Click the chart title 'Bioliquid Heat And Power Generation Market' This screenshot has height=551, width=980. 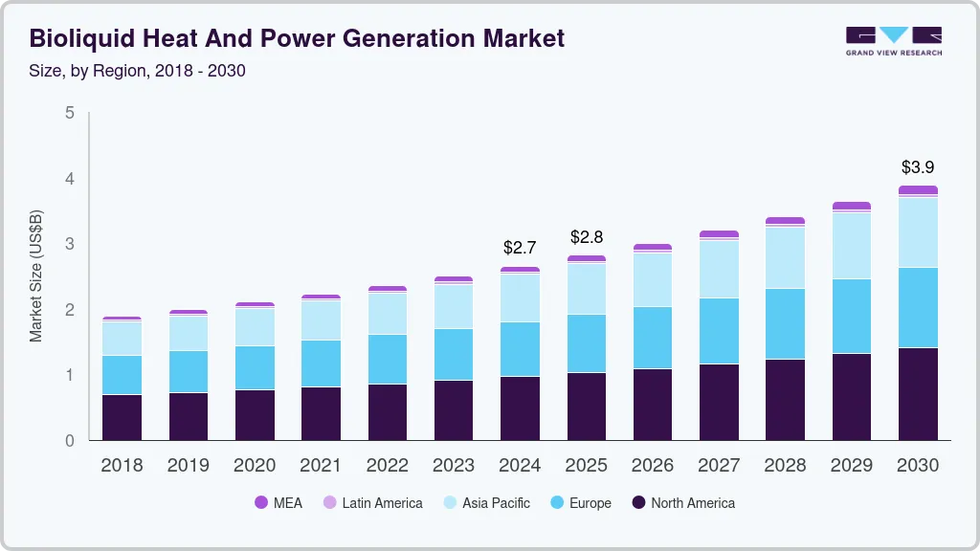[x=298, y=38]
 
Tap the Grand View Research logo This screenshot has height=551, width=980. [x=893, y=41]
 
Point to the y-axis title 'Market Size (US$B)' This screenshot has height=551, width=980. [x=36, y=276]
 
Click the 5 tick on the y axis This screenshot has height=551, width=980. [x=69, y=113]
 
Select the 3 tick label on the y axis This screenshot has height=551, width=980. [x=69, y=244]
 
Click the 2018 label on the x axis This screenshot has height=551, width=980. [x=122, y=466]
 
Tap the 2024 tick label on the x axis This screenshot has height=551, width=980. [x=520, y=466]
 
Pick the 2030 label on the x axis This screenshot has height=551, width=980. [x=918, y=466]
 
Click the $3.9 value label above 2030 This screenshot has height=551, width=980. [x=918, y=166]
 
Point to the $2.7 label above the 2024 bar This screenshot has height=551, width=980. [x=520, y=248]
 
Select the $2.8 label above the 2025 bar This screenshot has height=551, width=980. [x=587, y=236]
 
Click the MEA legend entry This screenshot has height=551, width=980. [x=278, y=503]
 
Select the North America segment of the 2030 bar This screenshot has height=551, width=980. [x=918, y=394]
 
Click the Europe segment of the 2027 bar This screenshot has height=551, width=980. [x=719, y=331]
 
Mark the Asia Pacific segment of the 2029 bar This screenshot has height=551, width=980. [x=852, y=246]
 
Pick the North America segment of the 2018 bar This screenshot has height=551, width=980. [x=122, y=417]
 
